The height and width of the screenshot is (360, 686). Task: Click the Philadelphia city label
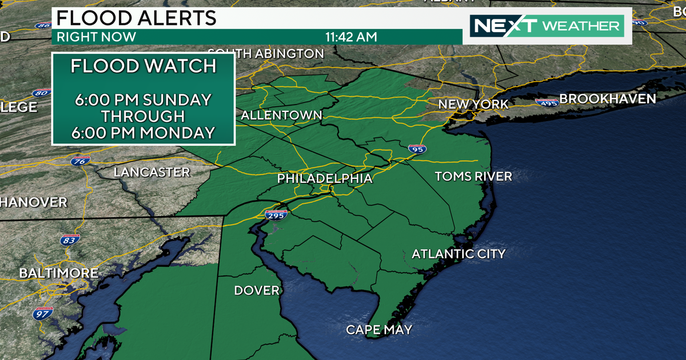(x=324, y=178)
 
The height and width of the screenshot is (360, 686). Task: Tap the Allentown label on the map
(x=281, y=115)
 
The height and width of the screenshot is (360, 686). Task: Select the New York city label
(x=473, y=104)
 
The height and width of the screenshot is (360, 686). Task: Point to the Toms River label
(x=473, y=176)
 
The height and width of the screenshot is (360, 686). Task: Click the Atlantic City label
(x=458, y=253)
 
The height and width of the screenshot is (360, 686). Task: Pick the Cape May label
(x=379, y=330)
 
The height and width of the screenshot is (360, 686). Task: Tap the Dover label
(x=257, y=290)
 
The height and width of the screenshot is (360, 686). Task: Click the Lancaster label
(x=151, y=172)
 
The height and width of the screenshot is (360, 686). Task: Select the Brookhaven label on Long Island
(x=607, y=99)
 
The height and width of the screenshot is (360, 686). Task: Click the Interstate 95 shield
(x=417, y=149)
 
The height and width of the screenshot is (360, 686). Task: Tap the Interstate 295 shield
(x=276, y=215)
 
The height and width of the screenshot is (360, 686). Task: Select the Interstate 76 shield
(x=81, y=161)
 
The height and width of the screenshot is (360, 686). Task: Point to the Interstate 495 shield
(x=547, y=102)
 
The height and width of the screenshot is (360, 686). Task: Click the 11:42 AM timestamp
(x=351, y=37)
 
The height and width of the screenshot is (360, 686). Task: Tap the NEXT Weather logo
(x=547, y=26)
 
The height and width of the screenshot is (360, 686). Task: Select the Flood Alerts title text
(x=135, y=18)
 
